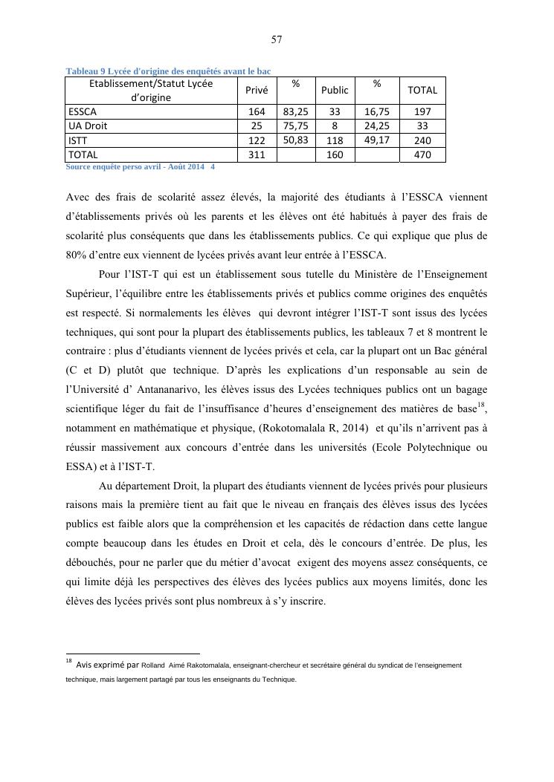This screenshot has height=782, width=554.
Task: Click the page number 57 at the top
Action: pos(277,39)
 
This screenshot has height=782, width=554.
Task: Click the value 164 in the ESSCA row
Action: pos(257,111)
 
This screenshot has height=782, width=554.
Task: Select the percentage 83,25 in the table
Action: pos(296,111)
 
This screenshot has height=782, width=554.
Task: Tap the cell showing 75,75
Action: pos(296,126)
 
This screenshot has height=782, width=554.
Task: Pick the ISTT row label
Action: pos(77,140)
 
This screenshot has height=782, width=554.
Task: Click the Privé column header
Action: pos(257,90)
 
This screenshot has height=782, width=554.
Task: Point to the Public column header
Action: pos(335,90)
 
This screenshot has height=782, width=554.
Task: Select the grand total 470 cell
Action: pos(422,155)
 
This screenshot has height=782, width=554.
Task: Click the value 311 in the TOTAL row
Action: pos(257,155)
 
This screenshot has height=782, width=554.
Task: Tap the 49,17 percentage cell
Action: pos(377,139)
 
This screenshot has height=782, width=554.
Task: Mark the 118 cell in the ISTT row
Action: pos(335,140)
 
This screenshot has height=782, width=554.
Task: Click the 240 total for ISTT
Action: pos(422,140)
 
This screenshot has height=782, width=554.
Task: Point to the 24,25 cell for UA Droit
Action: pos(377,126)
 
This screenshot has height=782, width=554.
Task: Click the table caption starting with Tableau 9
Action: pos(168,71)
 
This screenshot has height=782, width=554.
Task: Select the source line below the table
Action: pos(141,167)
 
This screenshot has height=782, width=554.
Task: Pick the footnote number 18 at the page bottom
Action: pos(68,660)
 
